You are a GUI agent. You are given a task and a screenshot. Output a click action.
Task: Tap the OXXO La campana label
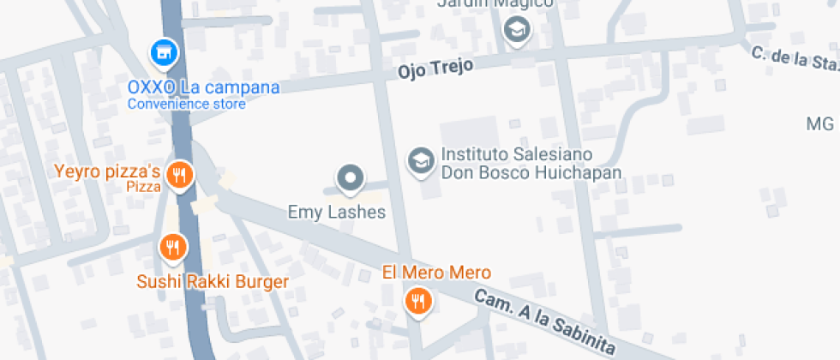click(203, 87)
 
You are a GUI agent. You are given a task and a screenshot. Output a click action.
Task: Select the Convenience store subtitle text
click(187, 105)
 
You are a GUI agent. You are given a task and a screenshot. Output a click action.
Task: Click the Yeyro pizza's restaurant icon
click(179, 176)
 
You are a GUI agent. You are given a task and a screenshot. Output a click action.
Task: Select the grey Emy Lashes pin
click(350, 178)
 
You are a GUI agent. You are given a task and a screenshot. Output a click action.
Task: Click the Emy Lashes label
click(337, 212)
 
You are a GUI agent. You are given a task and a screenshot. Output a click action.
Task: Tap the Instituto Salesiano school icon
click(420, 160)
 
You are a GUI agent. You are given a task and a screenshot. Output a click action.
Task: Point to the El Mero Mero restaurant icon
click(417, 300)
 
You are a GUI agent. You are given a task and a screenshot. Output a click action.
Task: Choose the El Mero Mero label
click(436, 273)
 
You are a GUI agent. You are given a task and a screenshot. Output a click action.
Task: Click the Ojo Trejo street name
click(435, 69)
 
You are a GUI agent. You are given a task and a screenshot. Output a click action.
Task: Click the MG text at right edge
click(820, 124)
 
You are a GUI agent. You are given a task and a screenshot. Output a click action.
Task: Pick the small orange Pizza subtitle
click(144, 186)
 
